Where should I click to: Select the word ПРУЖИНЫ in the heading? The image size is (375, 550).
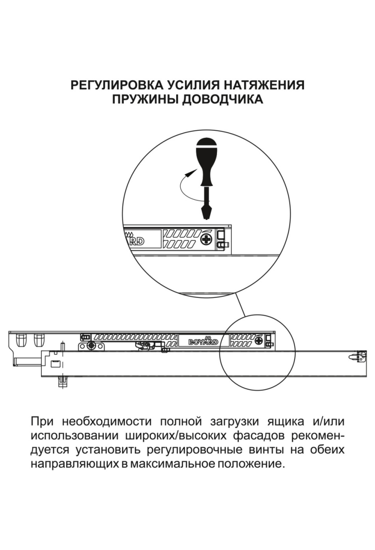[145, 99]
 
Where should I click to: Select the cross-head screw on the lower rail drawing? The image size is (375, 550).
[259, 340]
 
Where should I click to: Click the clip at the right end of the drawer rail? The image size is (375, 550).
[361, 356]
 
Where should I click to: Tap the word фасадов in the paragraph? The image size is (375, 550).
[259, 436]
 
